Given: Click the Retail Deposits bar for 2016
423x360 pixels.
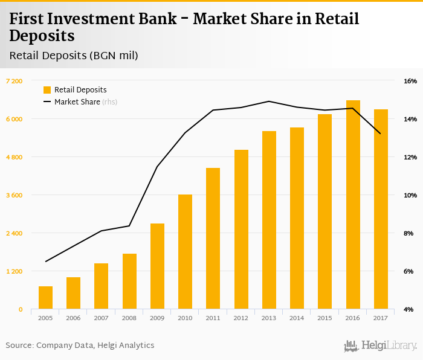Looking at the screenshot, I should point(353,205).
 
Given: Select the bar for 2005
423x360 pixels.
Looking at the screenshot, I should point(45,298).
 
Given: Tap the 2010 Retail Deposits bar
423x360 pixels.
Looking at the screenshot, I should point(185,252).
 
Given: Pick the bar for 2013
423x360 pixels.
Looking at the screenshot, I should point(269,220).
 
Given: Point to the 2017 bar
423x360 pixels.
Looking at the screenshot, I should point(381,209).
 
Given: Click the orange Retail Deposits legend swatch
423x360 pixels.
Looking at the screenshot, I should point(47,90).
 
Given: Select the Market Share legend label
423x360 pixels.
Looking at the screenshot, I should point(77,102).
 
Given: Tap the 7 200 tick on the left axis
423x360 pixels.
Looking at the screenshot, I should point(14,81).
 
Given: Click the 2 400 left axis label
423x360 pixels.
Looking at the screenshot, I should point(14,233).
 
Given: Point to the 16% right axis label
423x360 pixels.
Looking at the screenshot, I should point(410,81).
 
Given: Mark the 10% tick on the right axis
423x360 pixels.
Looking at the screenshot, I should point(410,195).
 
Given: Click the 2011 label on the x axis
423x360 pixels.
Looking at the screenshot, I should point(213,318).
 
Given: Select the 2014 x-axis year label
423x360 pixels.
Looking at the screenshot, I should point(297,318).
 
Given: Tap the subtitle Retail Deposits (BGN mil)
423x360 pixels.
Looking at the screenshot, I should point(74,56).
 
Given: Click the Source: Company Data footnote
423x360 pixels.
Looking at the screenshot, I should point(80,346).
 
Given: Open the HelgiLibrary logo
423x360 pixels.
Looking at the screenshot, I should point(380,346).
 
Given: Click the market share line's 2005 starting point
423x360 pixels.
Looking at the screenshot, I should point(45,262).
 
